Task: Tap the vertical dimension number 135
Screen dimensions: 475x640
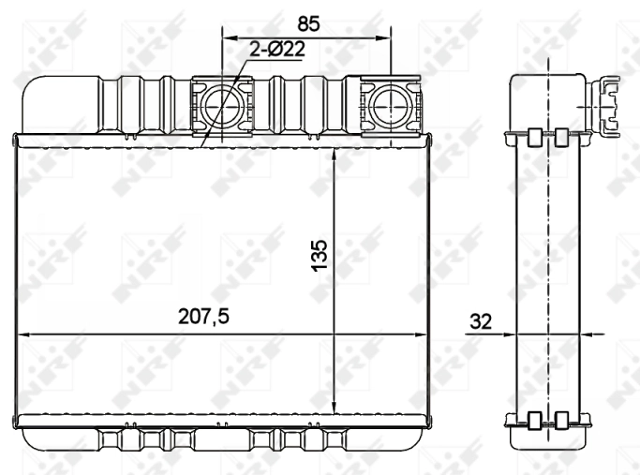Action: (320, 256)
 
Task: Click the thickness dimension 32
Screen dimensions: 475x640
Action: (481, 321)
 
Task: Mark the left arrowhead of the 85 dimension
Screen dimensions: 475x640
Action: (227, 38)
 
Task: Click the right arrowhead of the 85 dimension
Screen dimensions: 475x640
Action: (383, 38)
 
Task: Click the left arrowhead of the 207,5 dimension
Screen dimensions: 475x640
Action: (24, 333)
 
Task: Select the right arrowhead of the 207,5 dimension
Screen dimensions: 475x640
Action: (424, 333)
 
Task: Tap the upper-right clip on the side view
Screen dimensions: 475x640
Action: (560, 138)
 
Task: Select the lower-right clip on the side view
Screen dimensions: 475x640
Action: (560, 421)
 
